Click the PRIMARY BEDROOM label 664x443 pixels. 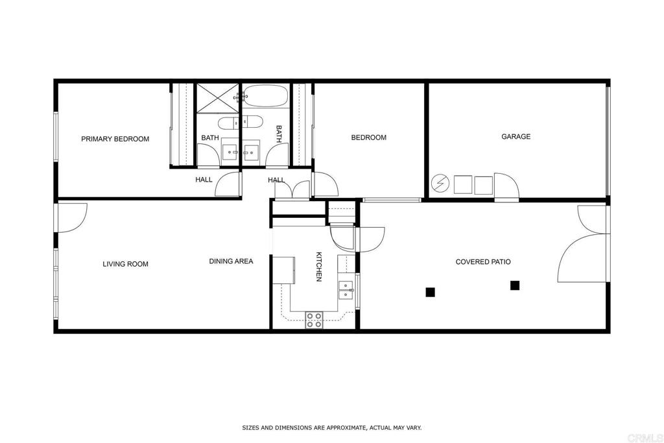coord(115,139)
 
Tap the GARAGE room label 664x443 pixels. coord(516,136)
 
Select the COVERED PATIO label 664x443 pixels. coord(483,262)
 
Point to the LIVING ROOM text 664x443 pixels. coord(125,264)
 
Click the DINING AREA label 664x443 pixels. coord(231,261)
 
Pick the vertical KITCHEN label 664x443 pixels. coord(319,267)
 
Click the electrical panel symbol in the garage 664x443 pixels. coord(440,184)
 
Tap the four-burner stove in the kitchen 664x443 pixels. coord(314,320)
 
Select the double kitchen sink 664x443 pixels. coord(346,290)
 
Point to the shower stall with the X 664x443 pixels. coord(218,98)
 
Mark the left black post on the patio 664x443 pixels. coord(431,292)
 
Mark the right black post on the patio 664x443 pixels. coord(515,285)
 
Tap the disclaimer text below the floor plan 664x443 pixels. coord(331,427)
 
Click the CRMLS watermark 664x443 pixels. coord(645,438)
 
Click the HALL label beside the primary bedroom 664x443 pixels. coord(204,180)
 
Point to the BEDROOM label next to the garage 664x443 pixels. coord(368,138)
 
